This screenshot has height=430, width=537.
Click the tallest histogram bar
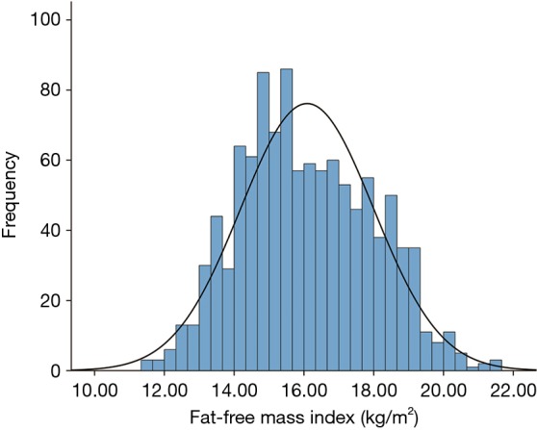click(286, 220)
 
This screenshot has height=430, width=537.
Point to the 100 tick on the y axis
click(52, 19)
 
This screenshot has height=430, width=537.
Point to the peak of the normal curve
click(307, 104)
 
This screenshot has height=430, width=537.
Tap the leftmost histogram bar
click(146, 366)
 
